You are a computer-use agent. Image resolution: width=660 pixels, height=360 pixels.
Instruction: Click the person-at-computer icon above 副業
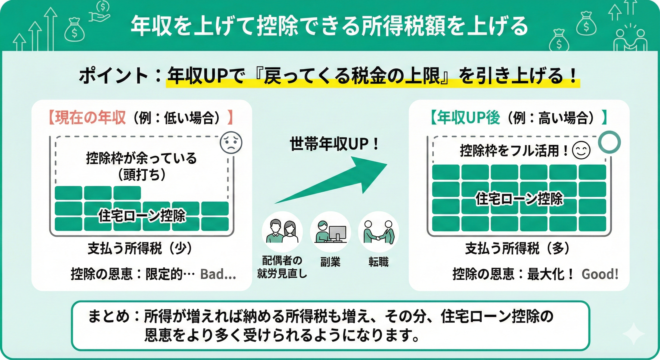tap(330, 231)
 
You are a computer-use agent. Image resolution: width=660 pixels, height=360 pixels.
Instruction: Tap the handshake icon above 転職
tap(378, 231)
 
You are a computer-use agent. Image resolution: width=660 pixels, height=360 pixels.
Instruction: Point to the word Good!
tap(600, 274)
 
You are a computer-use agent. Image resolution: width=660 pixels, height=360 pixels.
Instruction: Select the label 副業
tap(330, 262)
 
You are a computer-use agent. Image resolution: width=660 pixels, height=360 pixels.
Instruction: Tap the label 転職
tap(379, 262)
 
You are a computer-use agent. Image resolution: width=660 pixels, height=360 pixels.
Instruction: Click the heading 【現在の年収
tap(87, 118)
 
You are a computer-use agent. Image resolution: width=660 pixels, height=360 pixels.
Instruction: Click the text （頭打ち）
tap(141, 175)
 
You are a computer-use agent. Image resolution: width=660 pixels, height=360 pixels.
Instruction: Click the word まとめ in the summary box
tap(109, 316)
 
